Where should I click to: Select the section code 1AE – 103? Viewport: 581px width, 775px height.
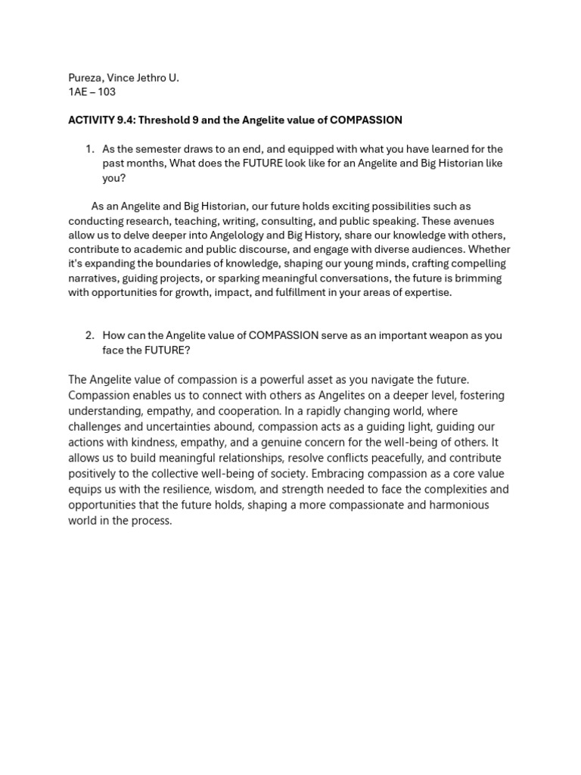click(92, 92)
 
